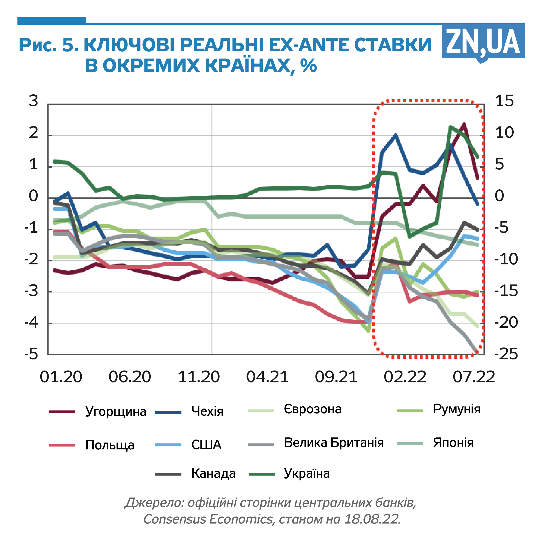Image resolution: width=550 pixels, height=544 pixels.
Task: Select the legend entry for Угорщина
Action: tap(116, 412)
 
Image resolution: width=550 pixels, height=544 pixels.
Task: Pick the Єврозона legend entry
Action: tap(312, 409)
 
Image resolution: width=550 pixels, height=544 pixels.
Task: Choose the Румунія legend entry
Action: tap(456, 409)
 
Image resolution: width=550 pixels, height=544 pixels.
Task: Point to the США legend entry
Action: tap(206, 445)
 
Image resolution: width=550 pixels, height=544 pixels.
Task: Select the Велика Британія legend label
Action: tap(334, 443)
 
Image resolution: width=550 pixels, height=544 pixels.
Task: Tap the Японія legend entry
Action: tap(453, 443)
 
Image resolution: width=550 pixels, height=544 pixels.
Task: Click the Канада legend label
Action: tap(214, 474)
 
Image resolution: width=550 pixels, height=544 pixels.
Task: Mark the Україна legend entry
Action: tap(307, 474)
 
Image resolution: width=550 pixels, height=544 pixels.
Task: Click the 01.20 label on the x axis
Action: tap(61, 377)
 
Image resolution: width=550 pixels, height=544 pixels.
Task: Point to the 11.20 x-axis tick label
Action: tap(199, 377)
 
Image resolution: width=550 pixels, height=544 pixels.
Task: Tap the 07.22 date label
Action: tap(474, 377)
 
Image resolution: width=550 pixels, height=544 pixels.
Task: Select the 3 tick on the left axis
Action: tap(33, 101)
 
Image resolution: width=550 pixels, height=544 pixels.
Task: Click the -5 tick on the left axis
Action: tap(31, 354)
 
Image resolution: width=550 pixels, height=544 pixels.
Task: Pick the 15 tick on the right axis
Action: tap(504, 101)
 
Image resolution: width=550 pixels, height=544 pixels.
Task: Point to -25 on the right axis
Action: tap(506, 354)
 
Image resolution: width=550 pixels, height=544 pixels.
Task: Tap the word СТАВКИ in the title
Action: tap(393, 45)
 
